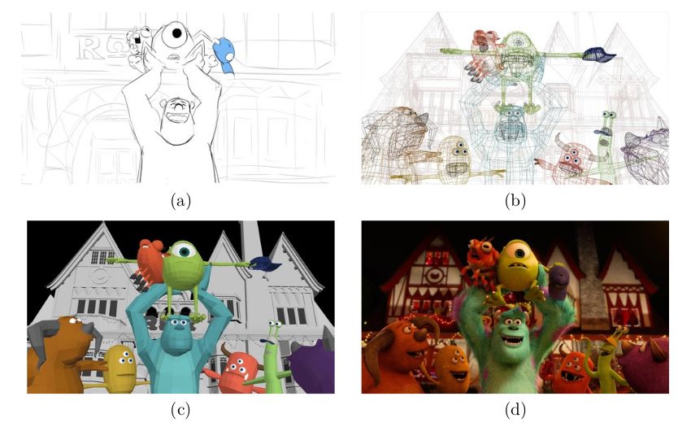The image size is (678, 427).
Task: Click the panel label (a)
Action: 180,201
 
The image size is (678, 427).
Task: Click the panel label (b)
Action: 515,201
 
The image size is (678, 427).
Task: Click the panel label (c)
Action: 180,410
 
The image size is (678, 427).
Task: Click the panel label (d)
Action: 515,410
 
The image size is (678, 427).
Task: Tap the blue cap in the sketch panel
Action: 224,55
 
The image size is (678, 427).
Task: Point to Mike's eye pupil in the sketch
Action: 176,33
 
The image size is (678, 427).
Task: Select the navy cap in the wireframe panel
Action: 598,54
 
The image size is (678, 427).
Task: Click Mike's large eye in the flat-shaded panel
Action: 185,251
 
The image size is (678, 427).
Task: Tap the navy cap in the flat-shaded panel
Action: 265,264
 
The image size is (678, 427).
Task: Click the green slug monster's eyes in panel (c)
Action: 273,324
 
